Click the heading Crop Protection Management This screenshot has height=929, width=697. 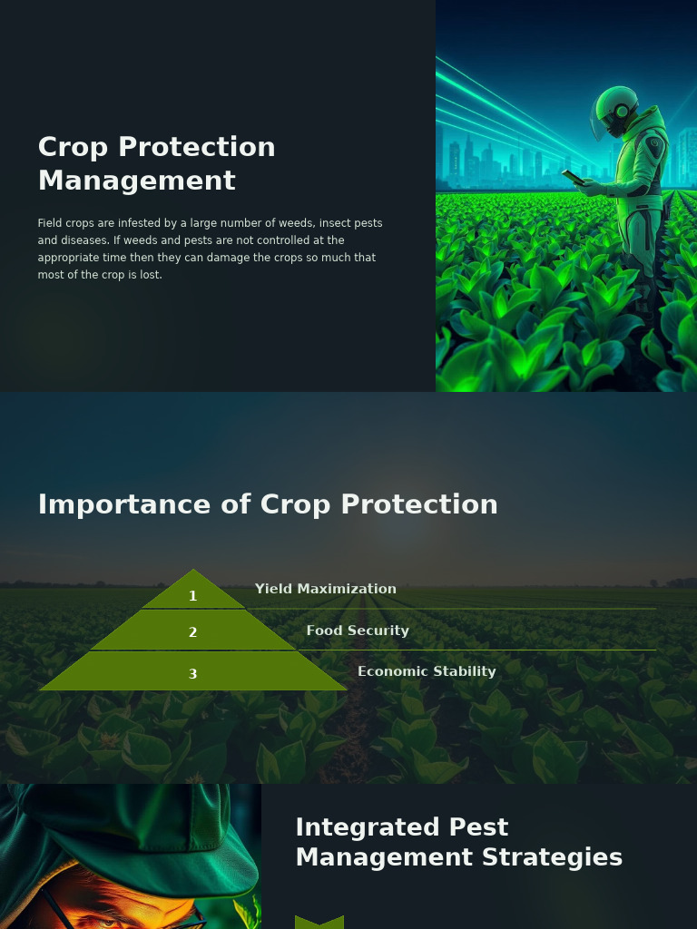click(156, 163)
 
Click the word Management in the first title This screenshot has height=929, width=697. click(136, 181)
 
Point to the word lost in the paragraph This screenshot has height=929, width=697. click(151, 275)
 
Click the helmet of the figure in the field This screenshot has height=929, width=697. click(614, 111)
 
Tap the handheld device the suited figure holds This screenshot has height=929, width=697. click(573, 177)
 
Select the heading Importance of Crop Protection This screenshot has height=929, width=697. click(268, 504)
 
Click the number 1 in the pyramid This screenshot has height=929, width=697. click(192, 596)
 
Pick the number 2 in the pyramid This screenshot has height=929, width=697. click(192, 632)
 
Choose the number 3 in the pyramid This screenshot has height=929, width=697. click(192, 674)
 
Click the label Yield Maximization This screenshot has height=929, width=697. click(325, 589)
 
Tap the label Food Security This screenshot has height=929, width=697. click(358, 631)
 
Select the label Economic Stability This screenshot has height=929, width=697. click(427, 671)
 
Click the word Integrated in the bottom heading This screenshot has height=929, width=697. click(356, 827)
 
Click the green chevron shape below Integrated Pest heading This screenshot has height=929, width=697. click(319, 923)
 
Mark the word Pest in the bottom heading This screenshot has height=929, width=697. click(466, 827)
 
